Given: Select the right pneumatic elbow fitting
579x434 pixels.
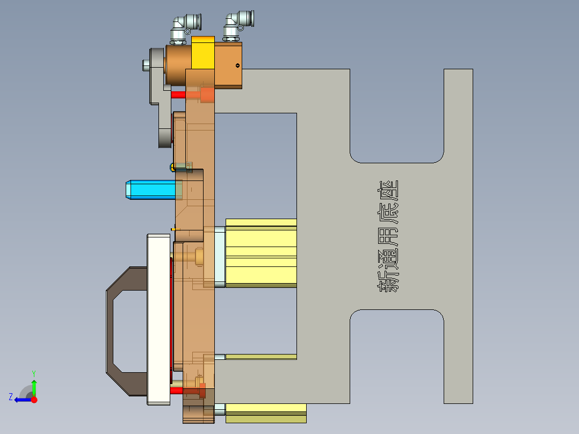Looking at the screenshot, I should point(236,24).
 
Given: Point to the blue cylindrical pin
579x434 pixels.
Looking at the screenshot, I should point(150,190).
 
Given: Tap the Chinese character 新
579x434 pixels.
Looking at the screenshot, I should point(388,281).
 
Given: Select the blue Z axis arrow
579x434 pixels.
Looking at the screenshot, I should point(20,400).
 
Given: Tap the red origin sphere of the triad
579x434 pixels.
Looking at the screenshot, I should point(34,400).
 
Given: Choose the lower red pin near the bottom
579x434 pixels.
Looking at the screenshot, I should point(177,390).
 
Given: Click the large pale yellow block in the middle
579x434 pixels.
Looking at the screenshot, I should point(261,252).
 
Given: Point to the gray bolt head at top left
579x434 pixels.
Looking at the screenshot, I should point(146,65).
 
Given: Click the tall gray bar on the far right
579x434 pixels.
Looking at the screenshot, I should point(458,236).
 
